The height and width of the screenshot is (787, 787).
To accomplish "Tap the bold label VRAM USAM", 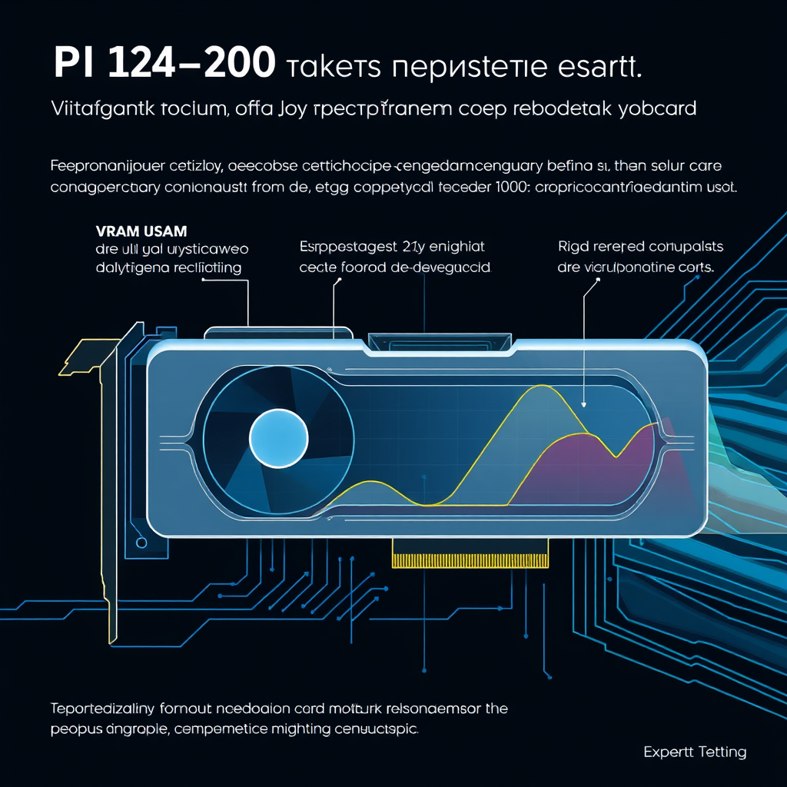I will [x=142, y=231].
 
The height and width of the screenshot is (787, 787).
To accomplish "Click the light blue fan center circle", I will [x=278, y=438].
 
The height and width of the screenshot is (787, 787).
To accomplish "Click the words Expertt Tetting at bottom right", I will [x=695, y=752].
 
